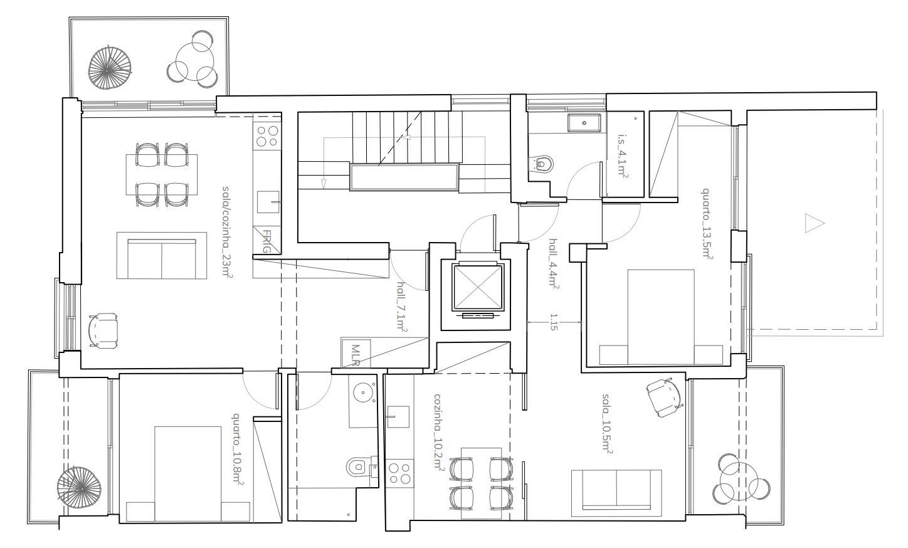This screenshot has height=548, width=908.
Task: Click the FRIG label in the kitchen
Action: (x=267, y=241)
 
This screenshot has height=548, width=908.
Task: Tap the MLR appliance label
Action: (x=356, y=355)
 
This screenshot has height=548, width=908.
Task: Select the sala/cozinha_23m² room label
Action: (x=227, y=232)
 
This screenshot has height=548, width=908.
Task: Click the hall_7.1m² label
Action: (x=401, y=307)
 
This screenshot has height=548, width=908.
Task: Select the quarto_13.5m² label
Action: (x=707, y=223)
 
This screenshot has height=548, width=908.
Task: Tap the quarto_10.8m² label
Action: (x=238, y=449)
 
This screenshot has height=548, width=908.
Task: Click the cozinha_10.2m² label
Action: (x=439, y=431)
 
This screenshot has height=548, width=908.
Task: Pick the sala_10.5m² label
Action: (x=607, y=423)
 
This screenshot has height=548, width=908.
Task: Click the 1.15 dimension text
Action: (x=554, y=322)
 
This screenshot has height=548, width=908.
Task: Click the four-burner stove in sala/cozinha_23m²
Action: (x=267, y=136)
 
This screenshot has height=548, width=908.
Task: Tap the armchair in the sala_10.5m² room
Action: (x=663, y=398)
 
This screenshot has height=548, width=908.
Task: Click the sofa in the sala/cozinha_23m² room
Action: (x=162, y=255)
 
